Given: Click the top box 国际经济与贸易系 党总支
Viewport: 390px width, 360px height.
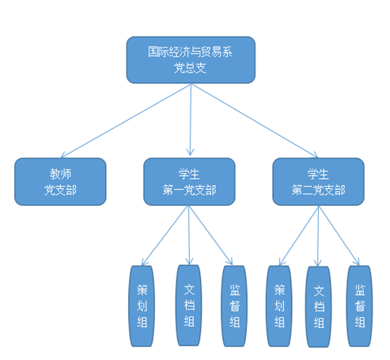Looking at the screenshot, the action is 191,60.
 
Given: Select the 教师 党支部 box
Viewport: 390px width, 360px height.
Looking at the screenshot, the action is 60,182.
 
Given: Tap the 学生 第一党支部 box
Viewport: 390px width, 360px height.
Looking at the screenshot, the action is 189,182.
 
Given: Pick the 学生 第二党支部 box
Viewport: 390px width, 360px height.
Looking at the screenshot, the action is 318,182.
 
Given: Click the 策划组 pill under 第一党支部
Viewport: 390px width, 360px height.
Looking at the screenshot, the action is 142,306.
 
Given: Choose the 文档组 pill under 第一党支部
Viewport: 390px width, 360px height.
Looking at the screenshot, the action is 189,305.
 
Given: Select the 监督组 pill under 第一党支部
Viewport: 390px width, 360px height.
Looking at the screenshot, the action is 234,306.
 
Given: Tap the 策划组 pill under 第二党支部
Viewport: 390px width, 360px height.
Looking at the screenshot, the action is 279,306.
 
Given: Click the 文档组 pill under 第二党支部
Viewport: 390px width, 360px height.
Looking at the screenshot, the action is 319,307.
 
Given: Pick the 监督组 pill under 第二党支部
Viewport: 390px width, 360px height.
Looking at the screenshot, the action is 360,306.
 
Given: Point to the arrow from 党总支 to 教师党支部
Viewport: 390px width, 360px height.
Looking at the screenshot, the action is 126,121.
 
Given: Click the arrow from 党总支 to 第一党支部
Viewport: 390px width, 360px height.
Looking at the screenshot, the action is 191,119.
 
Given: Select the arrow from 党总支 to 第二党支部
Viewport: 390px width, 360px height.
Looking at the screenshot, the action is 255,121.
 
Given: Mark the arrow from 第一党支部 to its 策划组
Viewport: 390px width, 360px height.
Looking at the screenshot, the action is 165,235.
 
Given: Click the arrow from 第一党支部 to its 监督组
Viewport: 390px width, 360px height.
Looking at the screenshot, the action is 210,235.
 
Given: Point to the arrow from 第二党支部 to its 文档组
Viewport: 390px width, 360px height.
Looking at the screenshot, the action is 318,236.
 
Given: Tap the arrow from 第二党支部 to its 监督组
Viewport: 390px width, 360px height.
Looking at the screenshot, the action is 339,236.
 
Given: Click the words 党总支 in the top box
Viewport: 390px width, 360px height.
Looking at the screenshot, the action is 190,68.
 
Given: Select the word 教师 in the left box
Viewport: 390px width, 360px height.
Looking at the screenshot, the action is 61,174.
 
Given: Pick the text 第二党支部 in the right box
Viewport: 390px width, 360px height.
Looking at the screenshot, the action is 318,190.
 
